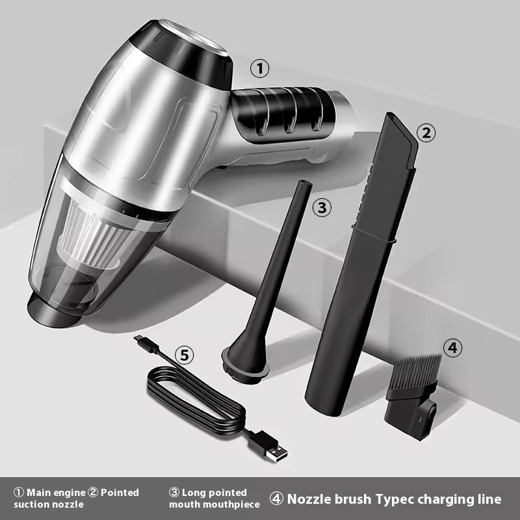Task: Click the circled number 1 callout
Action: (x=259, y=69)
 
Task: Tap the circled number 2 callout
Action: (x=426, y=133)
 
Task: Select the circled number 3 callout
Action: (x=322, y=207)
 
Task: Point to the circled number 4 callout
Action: (x=452, y=348)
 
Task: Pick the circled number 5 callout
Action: (x=185, y=355)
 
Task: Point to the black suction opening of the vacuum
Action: (x=53, y=311)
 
